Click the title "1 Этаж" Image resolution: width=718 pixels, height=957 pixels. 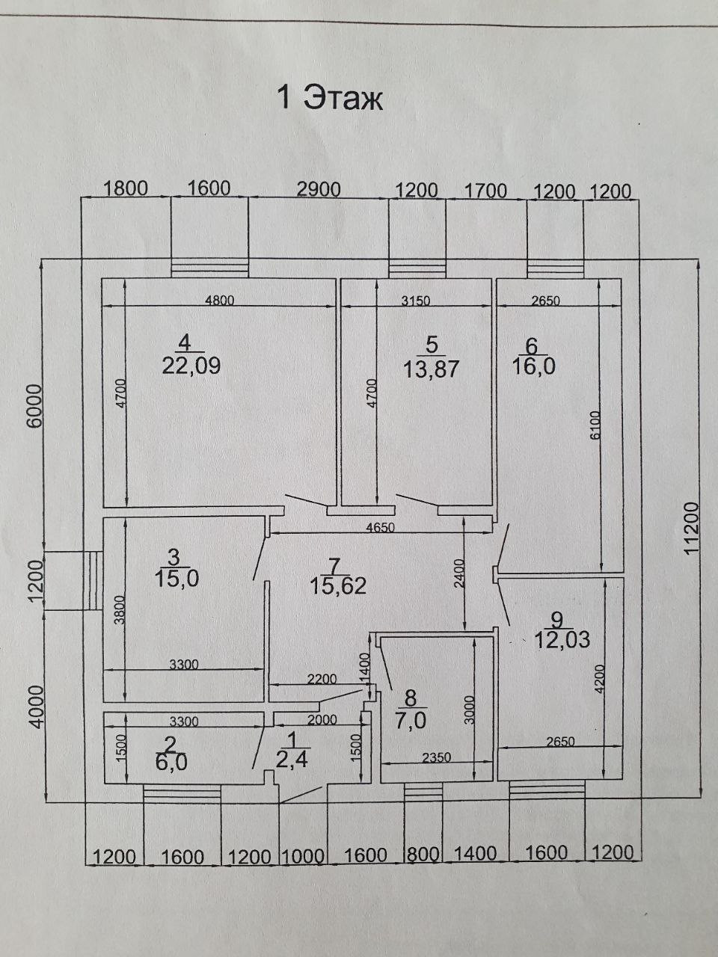click(330, 98)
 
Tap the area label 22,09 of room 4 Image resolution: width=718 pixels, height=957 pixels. click(191, 366)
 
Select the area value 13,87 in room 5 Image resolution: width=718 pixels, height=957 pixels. click(431, 369)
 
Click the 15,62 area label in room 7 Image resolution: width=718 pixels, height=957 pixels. click(338, 586)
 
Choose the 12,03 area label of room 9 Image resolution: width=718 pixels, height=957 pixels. click(562, 640)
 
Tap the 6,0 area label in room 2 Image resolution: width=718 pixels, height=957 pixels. click(171, 763)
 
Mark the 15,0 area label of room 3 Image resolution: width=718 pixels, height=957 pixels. click(177, 578)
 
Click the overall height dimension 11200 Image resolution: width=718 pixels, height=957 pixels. click(692, 528)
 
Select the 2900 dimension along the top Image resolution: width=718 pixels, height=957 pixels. click(319, 190)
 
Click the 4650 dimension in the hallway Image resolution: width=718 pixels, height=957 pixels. click(381, 526)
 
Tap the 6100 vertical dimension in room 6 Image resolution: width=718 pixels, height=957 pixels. click(595, 426)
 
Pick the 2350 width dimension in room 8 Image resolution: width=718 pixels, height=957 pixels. click(436, 757)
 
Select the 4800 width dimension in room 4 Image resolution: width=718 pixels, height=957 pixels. click(220, 301)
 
